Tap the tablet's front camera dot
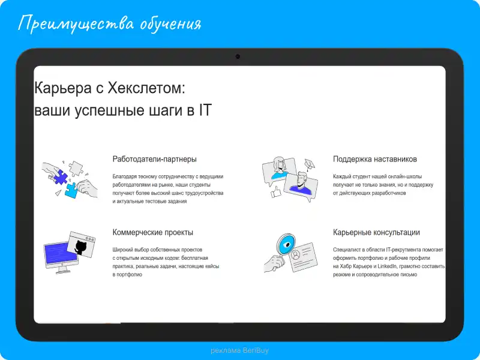tap(238, 56)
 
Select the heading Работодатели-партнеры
tap(154, 159)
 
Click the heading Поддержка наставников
tap(374, 159)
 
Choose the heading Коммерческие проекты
tap(152, 232)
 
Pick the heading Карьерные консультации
tap(376, 232)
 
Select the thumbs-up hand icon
tap(275, 193)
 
